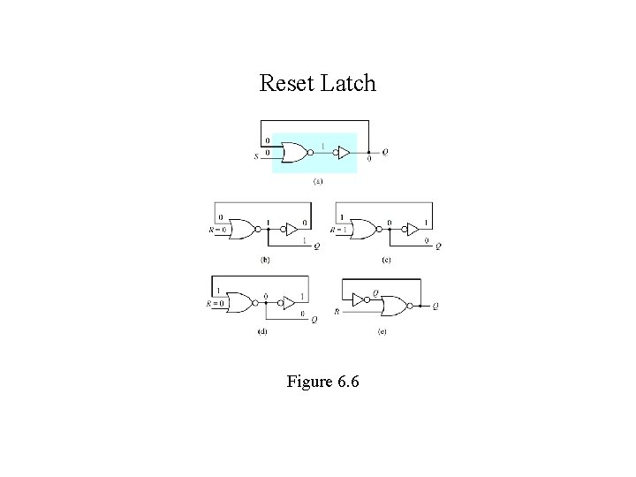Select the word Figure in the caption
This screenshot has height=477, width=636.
pos(307,382)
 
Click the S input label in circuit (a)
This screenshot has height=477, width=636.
pos(256,158)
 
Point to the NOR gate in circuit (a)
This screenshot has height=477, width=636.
pos(294,153)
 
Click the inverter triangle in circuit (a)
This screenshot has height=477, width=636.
pos(342,153)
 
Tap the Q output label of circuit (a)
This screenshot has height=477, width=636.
pos(384,153)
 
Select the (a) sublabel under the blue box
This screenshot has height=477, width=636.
pos(318,182)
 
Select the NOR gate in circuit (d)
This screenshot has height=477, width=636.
pos(238,301)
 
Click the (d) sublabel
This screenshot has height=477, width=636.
pos(262,332)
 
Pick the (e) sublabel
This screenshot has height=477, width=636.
pos(382,332)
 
